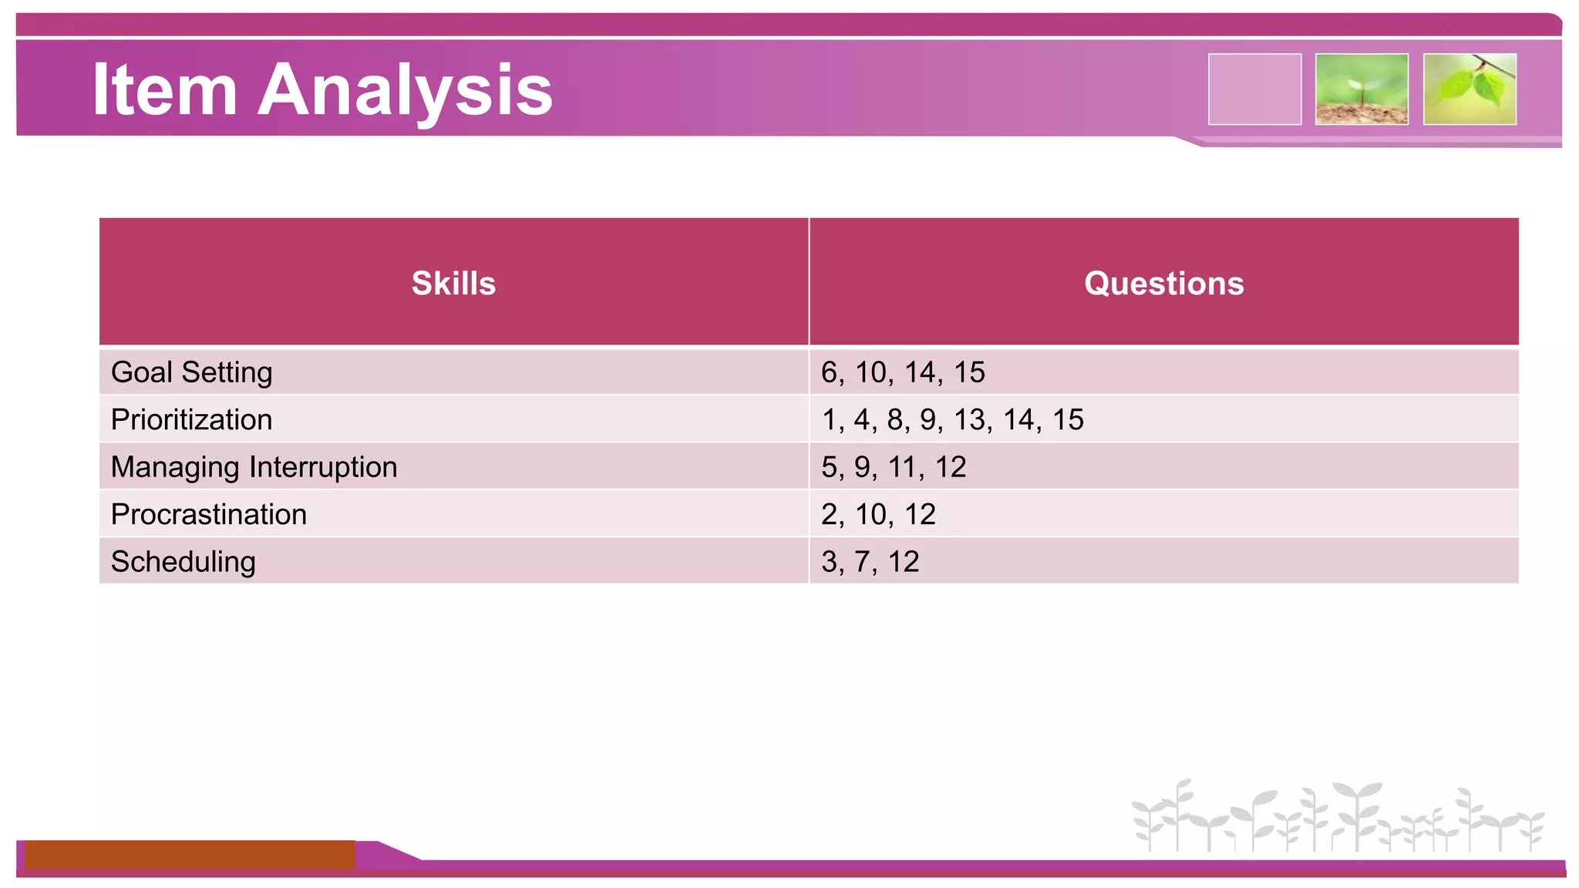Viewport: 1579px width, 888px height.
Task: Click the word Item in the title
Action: [x=163, y=90]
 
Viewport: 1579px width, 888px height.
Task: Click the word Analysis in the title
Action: [x=405, y=90]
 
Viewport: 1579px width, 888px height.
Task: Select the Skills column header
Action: [x=453, y=283]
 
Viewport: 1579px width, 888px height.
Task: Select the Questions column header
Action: [x=1163, y=283]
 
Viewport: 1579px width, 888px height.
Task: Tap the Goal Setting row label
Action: [x=191, y=372]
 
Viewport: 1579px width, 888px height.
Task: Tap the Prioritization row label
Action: [x=191, y=419]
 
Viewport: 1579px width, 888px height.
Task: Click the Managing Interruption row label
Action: [x=254, y=467]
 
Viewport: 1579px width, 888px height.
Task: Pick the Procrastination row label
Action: [x=208, y=514]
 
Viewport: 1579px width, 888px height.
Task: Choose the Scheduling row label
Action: [x=183, y=562]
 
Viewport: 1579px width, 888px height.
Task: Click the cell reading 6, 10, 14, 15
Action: [x=902, y=372]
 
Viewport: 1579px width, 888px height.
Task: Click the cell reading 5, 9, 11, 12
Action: [x=893, y=467]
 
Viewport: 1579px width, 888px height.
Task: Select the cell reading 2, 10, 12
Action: [x=877, y=514]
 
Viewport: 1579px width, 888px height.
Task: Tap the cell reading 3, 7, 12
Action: [x=870, y=562]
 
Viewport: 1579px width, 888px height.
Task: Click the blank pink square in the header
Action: [x=1254, y=89]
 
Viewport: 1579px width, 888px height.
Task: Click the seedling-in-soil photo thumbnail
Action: [x=1362, y=89]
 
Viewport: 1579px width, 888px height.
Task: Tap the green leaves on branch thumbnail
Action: [x=1470, y=89]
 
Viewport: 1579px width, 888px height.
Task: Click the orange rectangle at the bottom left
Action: [x=190, y=854]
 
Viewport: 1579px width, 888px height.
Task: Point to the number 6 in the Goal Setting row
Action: [x=829, y=372]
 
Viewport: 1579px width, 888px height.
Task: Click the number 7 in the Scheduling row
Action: [x=862, y=562]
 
